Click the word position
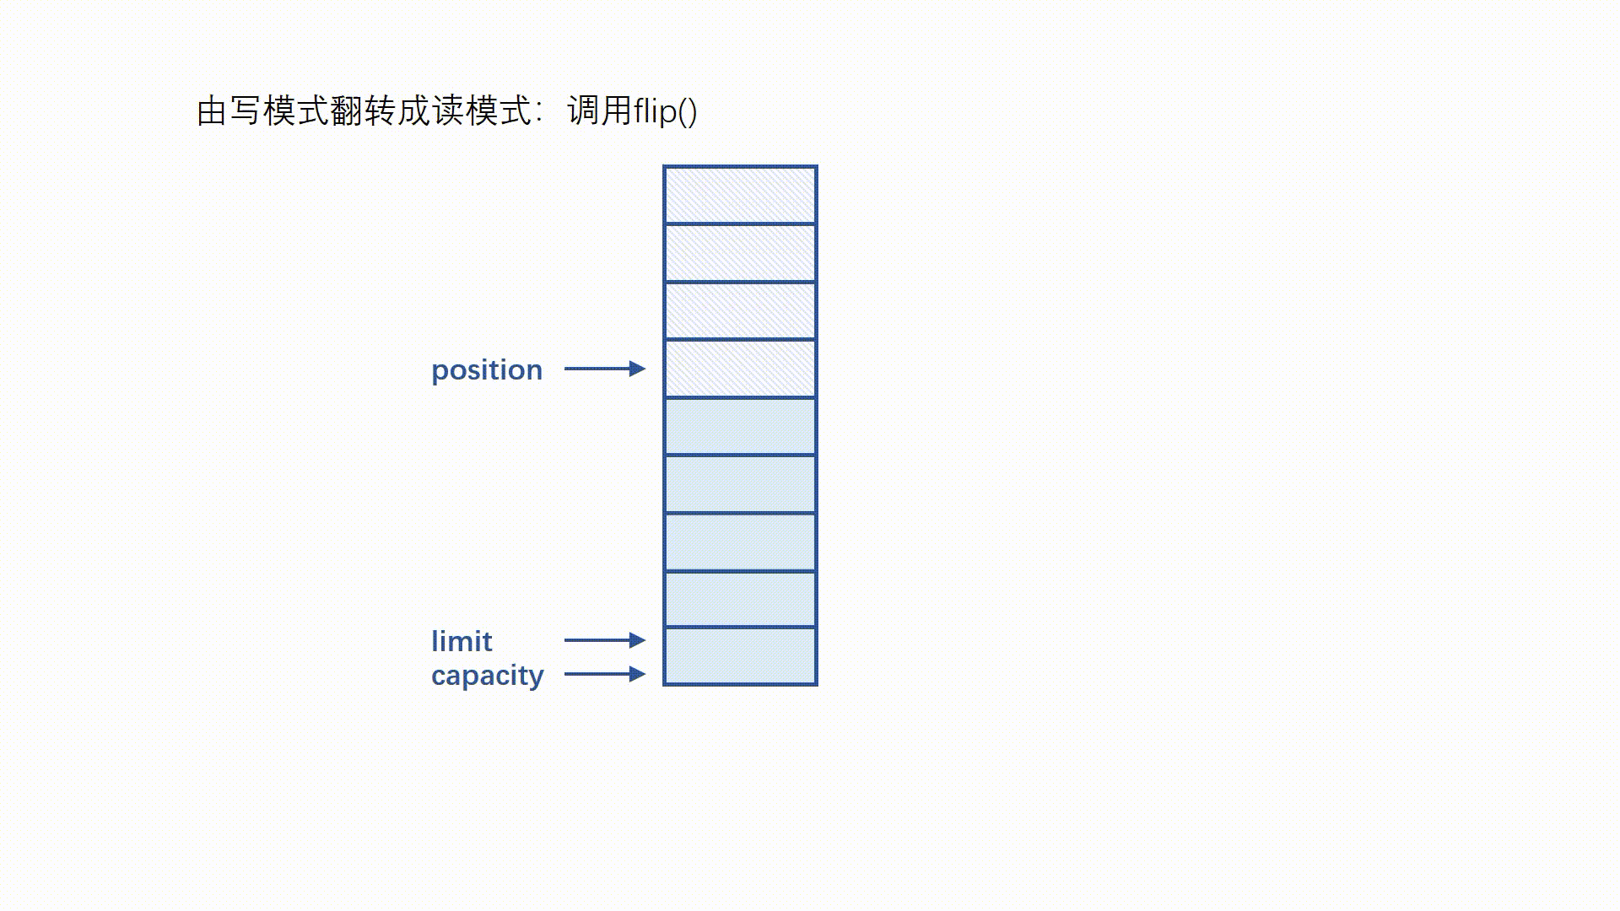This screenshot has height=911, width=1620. [487, 370]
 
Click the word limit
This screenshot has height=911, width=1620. [462, 642]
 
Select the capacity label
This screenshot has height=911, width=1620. [488, 676]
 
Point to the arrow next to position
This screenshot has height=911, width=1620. [604, 369]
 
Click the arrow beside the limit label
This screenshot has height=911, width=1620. [604, 640]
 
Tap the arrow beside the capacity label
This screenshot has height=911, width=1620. [604, 674]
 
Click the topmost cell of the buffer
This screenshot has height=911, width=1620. [740, 195]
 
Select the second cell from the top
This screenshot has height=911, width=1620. [740, 253]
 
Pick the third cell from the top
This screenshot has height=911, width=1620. [740, 311]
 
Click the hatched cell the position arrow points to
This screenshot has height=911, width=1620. [740, 369]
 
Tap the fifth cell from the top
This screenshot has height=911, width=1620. [740, 427]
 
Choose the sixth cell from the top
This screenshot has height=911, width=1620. [740, 484]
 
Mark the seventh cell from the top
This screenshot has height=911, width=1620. [740, 542]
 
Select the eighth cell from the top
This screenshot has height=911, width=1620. [740, 600]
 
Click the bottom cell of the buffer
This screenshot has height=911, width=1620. [740, 656]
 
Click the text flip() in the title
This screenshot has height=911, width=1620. [666, 111]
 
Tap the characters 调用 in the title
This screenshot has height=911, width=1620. [599, 111]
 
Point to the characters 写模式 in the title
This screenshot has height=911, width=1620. [278, 111]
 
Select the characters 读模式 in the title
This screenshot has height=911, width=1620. [481, 111]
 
